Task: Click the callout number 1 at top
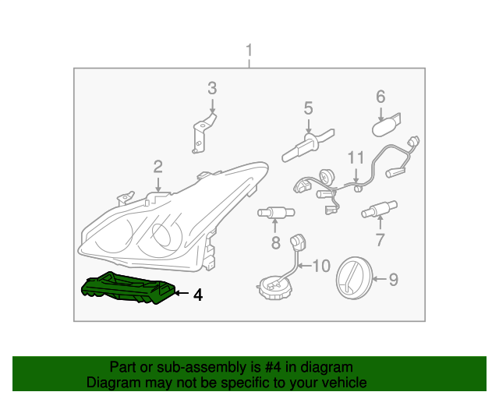point(249,52)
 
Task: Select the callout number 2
point(157,166)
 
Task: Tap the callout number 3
point(212,88)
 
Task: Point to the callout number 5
point(308,108)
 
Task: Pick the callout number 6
point(380,97)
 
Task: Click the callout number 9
point(393,278)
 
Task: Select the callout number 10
point(321,267)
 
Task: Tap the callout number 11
point(356,158)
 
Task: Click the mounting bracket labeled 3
point(202,132)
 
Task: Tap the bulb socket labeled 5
point(305,146)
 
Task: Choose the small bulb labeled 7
point(378,210)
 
